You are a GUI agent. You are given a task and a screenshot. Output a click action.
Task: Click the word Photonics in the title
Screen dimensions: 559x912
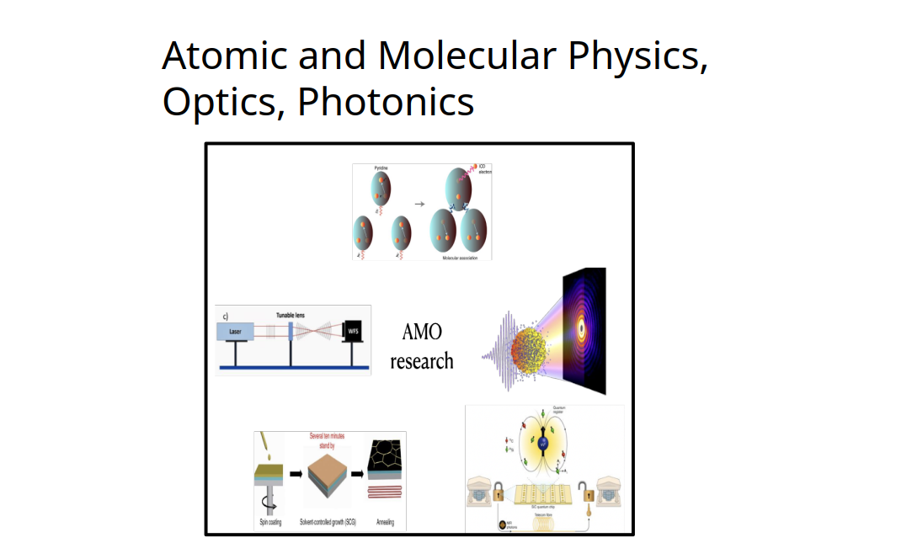pyautogui.click(x=386, y=102)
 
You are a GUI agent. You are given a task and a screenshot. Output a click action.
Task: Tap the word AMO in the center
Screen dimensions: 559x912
pyautogui.click(x=422, y=332)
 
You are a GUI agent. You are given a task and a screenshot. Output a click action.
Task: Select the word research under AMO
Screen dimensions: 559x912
pyautogui.click(x=422, y=361)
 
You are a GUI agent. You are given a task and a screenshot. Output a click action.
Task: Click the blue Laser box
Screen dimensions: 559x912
pyautogui.click(x=237, y=333)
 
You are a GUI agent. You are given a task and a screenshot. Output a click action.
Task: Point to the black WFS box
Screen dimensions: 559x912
pyautogui.click(x=354, y=333)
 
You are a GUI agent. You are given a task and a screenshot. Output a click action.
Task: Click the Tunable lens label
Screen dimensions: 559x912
pyautogui.click(x=291, y=315)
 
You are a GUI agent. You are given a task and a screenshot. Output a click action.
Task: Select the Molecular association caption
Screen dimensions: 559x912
pyautogui.click(x=460, y=257)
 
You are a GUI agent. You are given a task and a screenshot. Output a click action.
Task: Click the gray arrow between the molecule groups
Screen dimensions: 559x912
pyautogui.click(x=419, y=203)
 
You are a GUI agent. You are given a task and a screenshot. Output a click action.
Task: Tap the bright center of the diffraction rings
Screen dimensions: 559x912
pyautogui.click(x=581, y=328)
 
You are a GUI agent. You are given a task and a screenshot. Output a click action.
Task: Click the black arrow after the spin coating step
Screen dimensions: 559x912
pyautogui.click(x=296, y=473)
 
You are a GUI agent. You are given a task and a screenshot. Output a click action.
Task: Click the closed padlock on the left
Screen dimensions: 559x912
pyautogui.click(x=499, y=490)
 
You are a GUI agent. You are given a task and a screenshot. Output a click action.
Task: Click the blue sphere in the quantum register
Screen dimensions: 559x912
pyautogui.click(x=543, y=442)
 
